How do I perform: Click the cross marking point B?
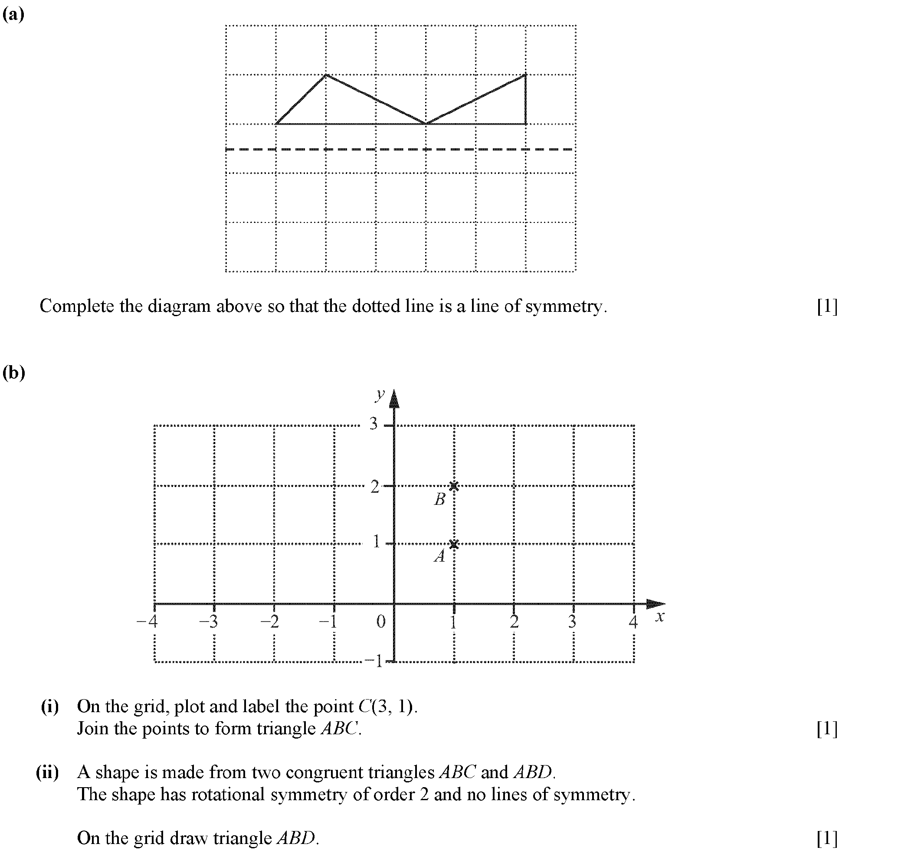[454, 486]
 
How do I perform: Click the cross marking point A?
[454, 544]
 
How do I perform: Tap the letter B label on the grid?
[439, 499]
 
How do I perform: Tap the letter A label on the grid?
[439, 556]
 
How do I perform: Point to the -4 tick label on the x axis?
[147, 621]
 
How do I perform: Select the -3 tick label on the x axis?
[209, 621]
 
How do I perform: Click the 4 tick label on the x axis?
[633, 621]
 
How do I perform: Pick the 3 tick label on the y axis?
[374, 424]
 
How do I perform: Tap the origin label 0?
[381, 621]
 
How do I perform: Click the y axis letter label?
[380, 394]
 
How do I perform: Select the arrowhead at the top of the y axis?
[394, 399]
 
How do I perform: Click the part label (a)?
[13, 15]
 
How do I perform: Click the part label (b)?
[14, 373]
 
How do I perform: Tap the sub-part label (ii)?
[48, 772]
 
